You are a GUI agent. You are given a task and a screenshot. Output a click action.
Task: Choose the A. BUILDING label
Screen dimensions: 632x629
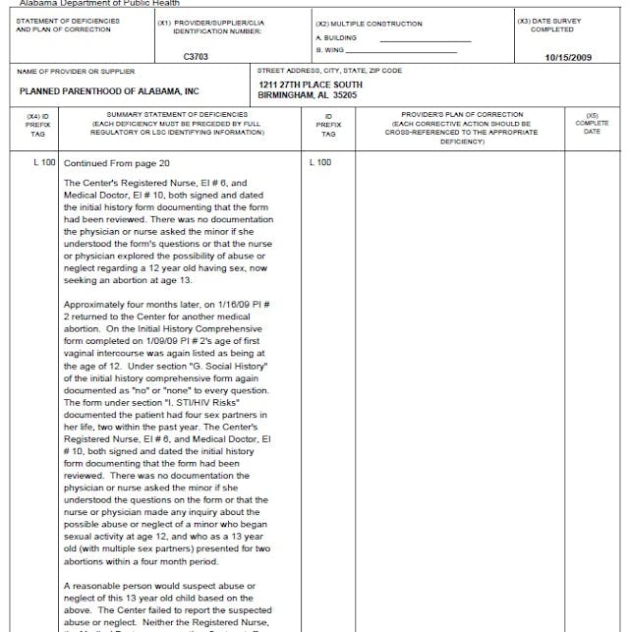pyautogui.click(x=336, y=37)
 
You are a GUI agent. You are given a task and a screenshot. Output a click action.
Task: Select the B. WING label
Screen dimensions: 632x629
pyautogui.click(x=330, y=49)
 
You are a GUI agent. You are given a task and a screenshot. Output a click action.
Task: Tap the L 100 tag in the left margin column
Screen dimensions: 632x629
pyautogui.click(x=44, y=162)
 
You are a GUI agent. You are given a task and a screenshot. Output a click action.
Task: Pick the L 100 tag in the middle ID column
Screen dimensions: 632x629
pyautogui.click(x=320, y=162)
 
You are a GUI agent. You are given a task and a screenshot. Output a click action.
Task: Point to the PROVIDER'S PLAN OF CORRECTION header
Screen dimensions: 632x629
pyautogui.click(x=462, y=115)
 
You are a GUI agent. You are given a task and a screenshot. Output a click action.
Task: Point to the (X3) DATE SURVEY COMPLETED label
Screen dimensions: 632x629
pyautogui.click(x=548, y=25)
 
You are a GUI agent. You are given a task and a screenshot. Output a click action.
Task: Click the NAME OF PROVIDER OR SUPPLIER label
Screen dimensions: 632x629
pyautogui.click(x=76, y=71)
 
